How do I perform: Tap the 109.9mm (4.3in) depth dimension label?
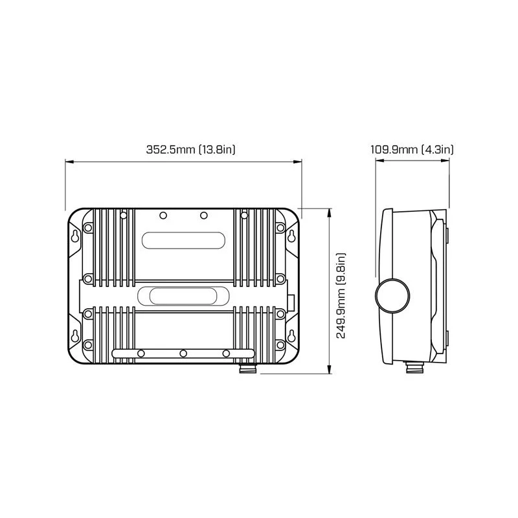(412, 150)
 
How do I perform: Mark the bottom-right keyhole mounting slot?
(291, 336)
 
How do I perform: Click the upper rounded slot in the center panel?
(184, 240)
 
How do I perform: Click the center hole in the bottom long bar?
(184, 354)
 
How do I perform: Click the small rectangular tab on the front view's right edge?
(292, 302)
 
